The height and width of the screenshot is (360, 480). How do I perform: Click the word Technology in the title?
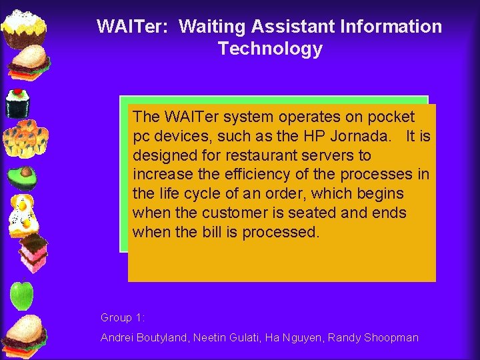(x=269, y=49)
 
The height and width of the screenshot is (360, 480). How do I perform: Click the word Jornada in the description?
(x=364, y=136)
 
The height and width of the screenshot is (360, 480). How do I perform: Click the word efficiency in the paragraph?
(x=254, y=175)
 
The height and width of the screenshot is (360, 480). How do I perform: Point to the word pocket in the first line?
(x=391, y=117)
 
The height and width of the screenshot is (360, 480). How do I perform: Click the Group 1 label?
(x=123, y=317)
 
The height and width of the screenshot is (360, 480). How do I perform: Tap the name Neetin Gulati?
(x=225, y=337)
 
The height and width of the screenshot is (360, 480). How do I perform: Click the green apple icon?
(x=23, y=295)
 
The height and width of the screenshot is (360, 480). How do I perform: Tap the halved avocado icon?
(x=23, y=177)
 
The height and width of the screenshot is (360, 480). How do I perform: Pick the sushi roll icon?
(x=19, y=103)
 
